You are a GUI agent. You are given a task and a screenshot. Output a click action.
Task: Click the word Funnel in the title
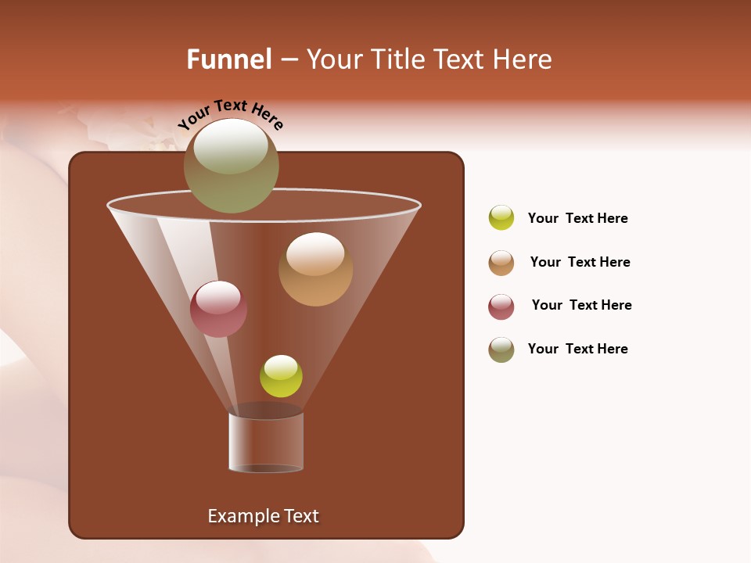point(229,59)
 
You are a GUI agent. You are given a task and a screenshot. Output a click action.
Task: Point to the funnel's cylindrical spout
point(266,442)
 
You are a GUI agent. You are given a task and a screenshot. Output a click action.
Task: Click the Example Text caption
point(263,516)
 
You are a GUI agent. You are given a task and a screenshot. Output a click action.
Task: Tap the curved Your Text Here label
point(230,113)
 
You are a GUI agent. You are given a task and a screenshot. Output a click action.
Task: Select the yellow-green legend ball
point(501,218)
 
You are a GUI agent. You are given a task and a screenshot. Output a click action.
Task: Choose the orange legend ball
point(501,263)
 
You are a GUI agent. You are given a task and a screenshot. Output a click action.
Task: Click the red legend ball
point(501,307)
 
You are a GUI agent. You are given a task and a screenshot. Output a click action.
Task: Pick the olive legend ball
point(501,350)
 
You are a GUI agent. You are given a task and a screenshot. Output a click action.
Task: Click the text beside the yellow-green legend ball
point(577,219)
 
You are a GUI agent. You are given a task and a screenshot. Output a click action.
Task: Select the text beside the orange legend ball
point(580,262)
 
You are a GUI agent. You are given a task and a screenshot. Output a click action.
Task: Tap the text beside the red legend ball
point(581,305)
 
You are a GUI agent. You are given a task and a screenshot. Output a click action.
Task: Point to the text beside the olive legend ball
point(577,349)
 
